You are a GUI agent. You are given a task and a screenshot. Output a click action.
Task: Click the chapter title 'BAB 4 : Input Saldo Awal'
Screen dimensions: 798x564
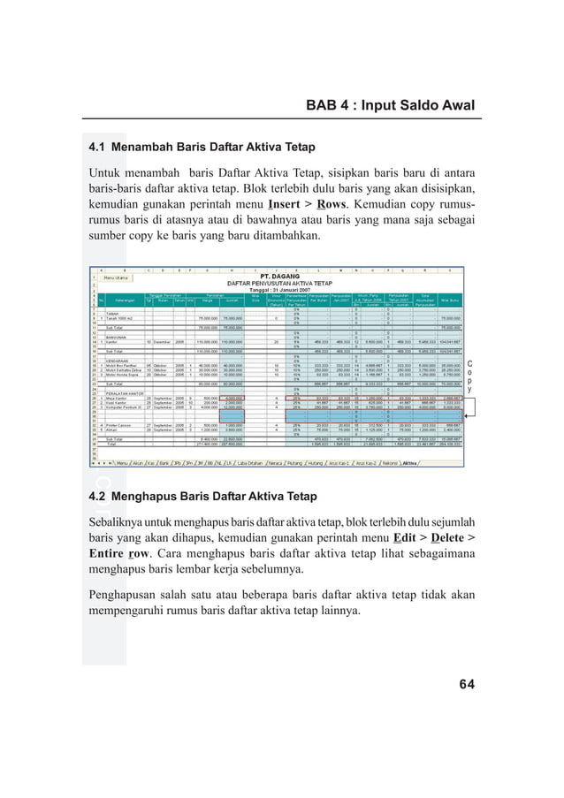click(x=390, y=106)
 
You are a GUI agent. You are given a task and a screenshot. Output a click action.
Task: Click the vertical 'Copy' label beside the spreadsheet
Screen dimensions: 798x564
click(x=469, y=376)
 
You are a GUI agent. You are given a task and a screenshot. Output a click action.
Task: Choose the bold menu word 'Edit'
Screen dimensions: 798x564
click(x=408, y=537)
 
